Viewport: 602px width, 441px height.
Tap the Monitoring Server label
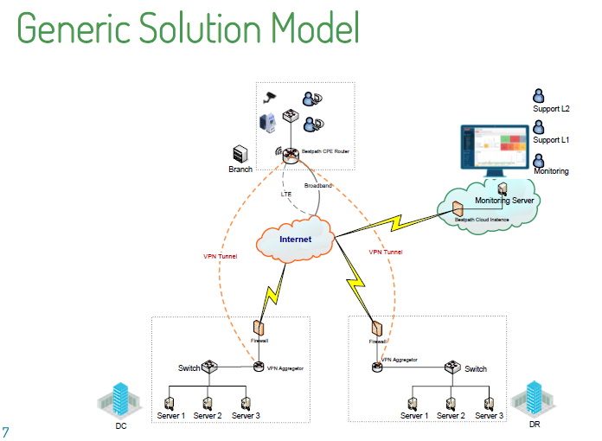506,201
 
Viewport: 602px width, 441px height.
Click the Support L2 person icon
540,95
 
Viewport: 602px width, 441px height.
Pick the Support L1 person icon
540,127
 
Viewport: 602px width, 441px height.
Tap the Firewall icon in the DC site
258,328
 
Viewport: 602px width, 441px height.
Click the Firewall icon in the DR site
377,329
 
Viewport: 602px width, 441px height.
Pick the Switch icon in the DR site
451,367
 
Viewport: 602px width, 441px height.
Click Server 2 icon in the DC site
208,403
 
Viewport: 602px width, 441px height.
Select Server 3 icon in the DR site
490,403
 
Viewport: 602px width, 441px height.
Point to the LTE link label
285,195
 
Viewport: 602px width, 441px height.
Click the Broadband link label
317,185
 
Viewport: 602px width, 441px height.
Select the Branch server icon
240,154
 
